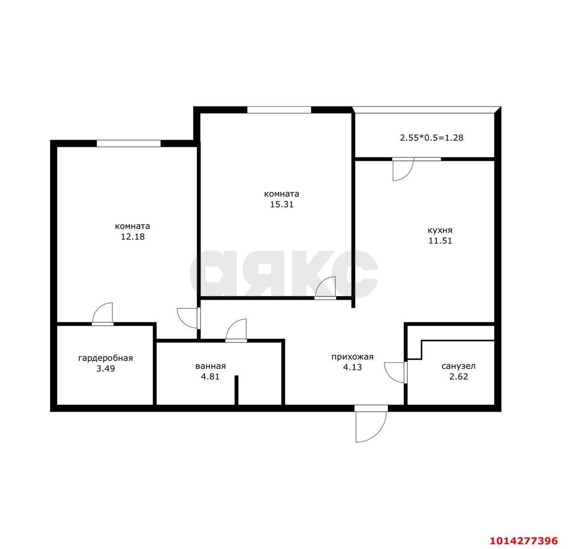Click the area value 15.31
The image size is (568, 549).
coord(281,204)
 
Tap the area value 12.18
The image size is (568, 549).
coord(133,237)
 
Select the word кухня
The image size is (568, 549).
coord(440,230)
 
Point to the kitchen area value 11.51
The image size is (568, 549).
coord(440,241)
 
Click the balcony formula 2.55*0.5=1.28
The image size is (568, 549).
coord(431,137)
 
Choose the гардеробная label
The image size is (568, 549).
coord(106,358)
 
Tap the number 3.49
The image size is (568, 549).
coord(106,369)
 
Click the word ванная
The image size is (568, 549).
coord(210,366)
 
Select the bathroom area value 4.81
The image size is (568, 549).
coord(210,377)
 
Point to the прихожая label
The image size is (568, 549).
coord(352,357)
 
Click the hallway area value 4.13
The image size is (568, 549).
coord(352,367)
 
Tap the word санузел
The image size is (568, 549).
coord(458,366)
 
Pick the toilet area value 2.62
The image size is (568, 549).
coord(458,377)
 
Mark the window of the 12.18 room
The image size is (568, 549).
coord(128,144)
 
